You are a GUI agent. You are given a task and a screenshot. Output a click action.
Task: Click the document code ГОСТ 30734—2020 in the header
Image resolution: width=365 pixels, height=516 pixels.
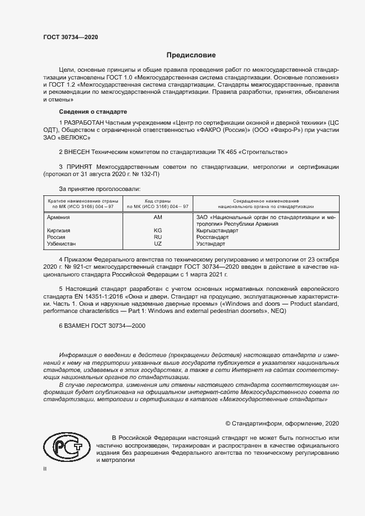(x=70, y=38)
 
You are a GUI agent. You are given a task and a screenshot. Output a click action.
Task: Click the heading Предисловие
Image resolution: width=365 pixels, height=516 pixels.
(x=192, y=55)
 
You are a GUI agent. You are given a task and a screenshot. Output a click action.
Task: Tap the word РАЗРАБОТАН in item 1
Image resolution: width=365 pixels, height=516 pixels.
(x=87, y=121)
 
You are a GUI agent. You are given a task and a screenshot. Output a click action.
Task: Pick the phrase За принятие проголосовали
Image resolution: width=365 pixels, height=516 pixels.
(x=95, y=188)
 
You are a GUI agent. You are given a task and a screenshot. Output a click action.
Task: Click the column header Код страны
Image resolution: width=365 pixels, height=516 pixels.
(x=157, y=201)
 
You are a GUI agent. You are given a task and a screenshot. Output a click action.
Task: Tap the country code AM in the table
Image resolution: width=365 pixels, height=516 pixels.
(x=157, y=218)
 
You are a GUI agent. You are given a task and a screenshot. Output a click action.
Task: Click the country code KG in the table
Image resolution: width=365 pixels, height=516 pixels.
(x=157, y=231)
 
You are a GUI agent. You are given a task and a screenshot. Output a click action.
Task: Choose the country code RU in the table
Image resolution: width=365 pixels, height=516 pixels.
(x=157, y=237)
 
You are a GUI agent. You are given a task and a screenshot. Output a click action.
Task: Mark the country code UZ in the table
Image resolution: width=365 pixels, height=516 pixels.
(x=157, y=243)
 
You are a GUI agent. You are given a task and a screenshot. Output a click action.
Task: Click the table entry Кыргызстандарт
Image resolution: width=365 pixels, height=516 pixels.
(x=217, y=231)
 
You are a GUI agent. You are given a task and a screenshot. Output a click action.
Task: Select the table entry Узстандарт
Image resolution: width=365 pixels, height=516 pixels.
(x=211, y=243)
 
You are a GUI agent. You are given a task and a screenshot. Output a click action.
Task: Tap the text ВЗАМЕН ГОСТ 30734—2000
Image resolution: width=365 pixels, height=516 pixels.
(x=105, y=326)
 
